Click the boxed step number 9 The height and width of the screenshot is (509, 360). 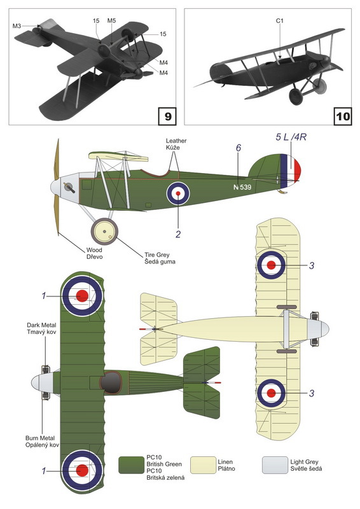pos(167,116)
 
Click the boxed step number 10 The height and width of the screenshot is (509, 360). pos(343,116)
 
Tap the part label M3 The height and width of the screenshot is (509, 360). pos(17,25)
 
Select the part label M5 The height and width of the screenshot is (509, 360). pos(111,21)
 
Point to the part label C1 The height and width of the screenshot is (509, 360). pos(279,21)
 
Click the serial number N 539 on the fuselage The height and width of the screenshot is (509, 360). pos(242,187)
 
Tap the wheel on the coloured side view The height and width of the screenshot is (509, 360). pos(104,232)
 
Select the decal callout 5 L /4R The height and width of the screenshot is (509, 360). pos(291,137)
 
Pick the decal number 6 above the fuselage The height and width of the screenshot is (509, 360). pos(239,148)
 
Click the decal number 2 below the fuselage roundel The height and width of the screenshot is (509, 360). pos(178,234)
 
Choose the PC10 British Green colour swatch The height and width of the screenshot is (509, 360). pos(131,465)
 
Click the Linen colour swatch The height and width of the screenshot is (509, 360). pos(203,465)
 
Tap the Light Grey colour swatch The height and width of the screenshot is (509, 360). pos(275,465)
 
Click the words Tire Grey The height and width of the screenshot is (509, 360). pos(157,255)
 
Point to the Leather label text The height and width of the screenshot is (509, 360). pos(176,141)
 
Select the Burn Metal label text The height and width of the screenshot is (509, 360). pos(40,438)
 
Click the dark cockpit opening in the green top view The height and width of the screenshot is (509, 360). pos(111,382)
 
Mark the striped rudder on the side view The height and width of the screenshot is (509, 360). pos(291,171)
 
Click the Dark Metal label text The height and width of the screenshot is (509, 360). pos(41,325)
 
